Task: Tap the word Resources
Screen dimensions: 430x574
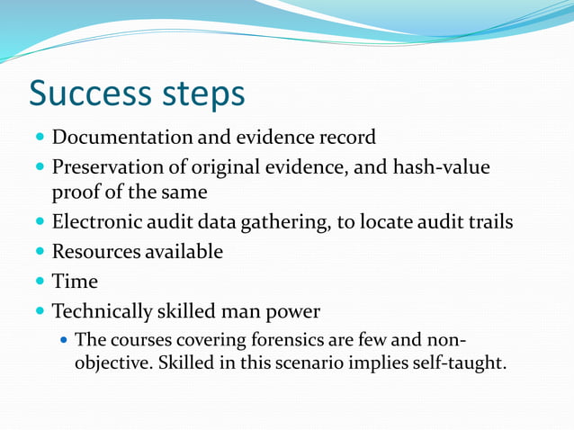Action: pos(94,252)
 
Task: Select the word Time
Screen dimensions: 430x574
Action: pos(75,282)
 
